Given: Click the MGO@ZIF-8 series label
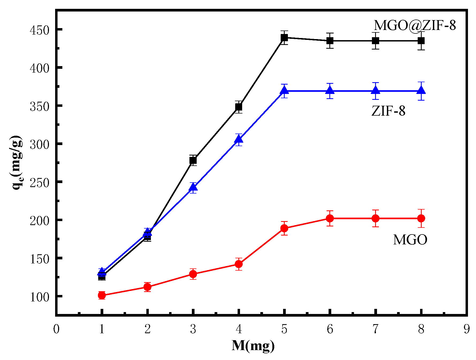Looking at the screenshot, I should pyautogui.click(x=414, y=25).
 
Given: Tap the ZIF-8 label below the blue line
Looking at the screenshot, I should pyautogui.click(x=388, y=111).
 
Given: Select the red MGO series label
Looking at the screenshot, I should pyautogui.click(x=410, y=240).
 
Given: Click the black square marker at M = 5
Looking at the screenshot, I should pyautogui.click(x=284, y=38).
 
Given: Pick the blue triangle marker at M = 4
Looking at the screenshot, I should pyautogui.click(x=239, y=139).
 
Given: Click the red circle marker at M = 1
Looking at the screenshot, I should pyautogui.click(x=102, y=295).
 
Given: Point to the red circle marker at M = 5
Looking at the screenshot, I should pyautogui.click(x=284, y=228).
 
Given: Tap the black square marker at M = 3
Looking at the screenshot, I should pyautogui.click(x=193, y=160).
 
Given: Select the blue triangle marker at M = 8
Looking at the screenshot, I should pyautogui.click(x=421, y=90).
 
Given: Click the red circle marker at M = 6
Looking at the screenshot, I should pyautogui.click(x=330, y=218).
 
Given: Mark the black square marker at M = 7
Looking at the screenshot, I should pyautogui.click(x=376, y=41).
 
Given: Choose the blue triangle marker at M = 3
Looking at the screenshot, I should pyautogui.click(x=193, y=187).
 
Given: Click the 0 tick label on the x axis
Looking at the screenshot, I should pyautogui.click(x=56, y=329).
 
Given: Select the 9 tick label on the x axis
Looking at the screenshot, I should pyautogui.click(x=467, y=329).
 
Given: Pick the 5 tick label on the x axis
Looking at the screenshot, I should pyautogui.click(x=284, y=329).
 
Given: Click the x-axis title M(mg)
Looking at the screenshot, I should pyautogui.click(x=253, y=346).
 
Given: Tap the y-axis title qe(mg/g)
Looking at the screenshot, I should pyautogui.click(x=17, y=162).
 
